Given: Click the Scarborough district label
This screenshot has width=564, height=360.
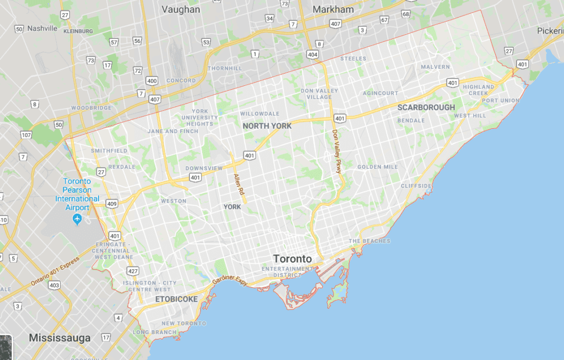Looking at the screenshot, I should (426, 107).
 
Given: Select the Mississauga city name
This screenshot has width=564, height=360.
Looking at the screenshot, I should (59, 337).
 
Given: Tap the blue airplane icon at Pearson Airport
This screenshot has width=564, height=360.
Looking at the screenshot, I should (77, 220).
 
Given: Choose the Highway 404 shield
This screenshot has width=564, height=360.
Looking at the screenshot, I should (313, 55).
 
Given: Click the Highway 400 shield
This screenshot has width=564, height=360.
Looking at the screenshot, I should (152, 81).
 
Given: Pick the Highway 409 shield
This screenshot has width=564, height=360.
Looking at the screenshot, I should (112, 203).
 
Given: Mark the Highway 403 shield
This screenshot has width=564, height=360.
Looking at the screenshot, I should (54, 285).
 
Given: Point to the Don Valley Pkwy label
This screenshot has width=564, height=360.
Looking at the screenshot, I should (337, 151).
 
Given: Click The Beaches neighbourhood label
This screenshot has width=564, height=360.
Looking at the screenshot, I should (369, 241).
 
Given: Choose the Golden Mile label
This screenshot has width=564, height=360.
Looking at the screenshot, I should (377, 167).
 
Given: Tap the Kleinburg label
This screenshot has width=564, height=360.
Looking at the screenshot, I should (78, 31).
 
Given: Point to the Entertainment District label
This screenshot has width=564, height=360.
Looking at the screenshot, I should (286, 272).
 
